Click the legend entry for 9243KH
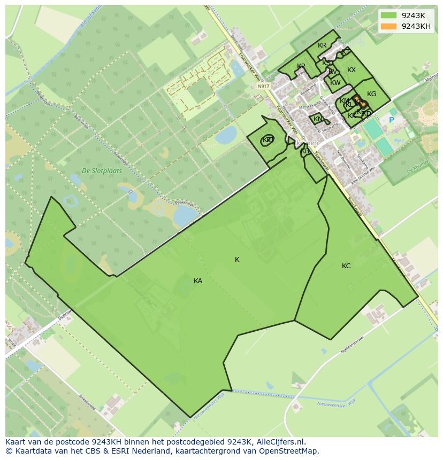[x=416, y=27]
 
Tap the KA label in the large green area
[x=198, y=281]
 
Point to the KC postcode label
[x=346, y=266]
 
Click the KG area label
[x=371, y=94]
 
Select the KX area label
[x=352, y=70]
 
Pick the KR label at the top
[x=322, y=45]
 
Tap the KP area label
[x=301, y=66]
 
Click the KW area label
[x=335, y=83]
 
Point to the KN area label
[x=318, y=119]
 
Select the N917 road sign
[x=263, y=86]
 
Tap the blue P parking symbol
[x=391, y=120]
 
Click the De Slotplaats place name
[x=102, y=171]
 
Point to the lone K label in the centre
[x=237, y=260]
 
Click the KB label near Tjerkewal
[x=305, y=151]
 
